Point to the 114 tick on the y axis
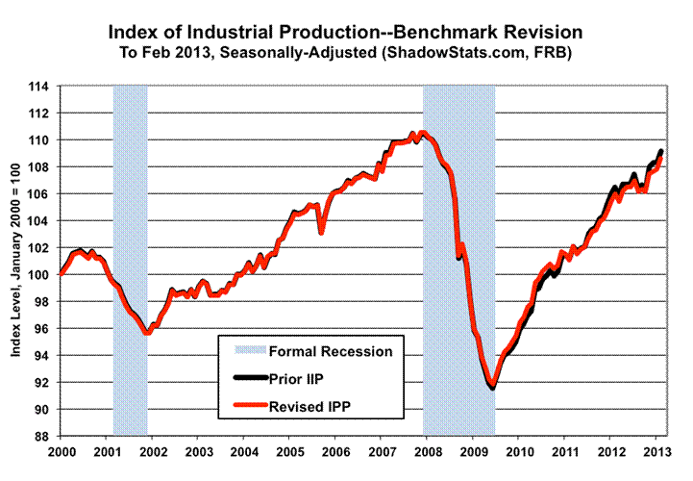41,87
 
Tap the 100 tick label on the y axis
41,275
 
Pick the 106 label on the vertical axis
41,194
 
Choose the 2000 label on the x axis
61,452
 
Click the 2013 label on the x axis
656,452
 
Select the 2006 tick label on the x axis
335,452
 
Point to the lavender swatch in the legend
245,351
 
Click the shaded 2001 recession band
131,260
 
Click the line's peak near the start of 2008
424,133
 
